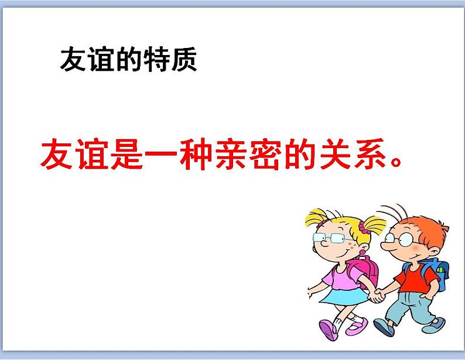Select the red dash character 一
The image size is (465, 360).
click(159, 155)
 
